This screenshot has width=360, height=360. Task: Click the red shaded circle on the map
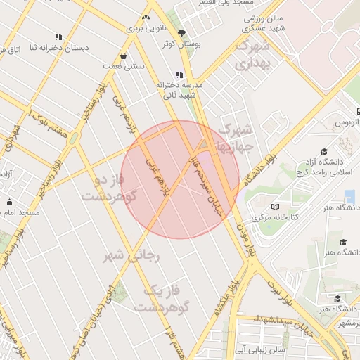(180, 179)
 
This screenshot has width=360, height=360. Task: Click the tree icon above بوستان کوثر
(181, 32)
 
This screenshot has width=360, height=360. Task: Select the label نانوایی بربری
(145, 29)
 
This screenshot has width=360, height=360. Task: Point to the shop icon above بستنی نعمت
(124, 56)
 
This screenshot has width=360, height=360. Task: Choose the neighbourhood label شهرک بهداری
(253, 55)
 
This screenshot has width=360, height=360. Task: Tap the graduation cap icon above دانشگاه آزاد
(324, 151)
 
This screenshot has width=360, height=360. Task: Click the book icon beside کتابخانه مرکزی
(274, 207)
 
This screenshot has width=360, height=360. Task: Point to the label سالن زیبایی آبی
(261, 348)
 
